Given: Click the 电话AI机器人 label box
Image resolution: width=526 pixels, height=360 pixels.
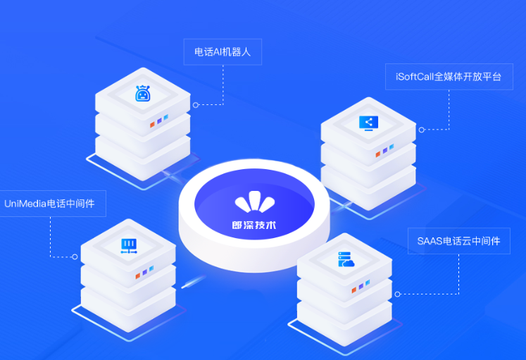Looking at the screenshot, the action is click(223, 52).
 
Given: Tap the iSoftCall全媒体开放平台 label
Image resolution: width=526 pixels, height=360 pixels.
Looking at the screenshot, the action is click(449, 77).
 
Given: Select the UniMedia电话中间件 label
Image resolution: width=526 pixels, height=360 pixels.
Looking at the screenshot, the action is click(50, 204).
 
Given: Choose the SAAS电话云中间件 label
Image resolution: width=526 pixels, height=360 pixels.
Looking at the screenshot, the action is click(459, 241).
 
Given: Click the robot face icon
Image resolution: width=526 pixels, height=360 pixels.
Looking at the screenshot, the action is click(142, 93).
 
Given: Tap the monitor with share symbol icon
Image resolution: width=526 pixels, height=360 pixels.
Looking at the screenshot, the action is click(369, 123).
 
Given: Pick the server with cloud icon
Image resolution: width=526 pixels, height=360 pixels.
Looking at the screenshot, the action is click(346, 259).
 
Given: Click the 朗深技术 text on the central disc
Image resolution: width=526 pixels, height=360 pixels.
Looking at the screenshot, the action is click(254, 225).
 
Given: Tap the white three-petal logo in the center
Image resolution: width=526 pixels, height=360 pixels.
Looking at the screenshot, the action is click(255, 201).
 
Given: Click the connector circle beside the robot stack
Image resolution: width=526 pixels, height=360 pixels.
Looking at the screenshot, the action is click(196, 105).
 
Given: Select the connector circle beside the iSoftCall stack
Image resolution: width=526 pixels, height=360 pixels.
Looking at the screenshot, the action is click(422, 130).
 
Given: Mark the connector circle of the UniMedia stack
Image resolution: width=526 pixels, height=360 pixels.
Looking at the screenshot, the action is click(75, 257).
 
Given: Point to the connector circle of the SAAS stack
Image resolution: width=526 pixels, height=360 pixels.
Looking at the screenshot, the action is click(398, 294).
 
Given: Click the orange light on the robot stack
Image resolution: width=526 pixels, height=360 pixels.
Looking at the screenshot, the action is click(152, 125).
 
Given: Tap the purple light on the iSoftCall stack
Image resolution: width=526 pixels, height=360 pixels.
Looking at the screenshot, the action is click(384, 151).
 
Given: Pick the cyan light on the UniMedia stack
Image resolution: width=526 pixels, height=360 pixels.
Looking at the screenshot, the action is click(151, 268).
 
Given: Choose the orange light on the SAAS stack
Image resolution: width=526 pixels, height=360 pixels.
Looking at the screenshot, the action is click(354, 290).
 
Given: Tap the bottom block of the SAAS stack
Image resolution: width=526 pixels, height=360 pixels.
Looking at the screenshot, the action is click(344, 323).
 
